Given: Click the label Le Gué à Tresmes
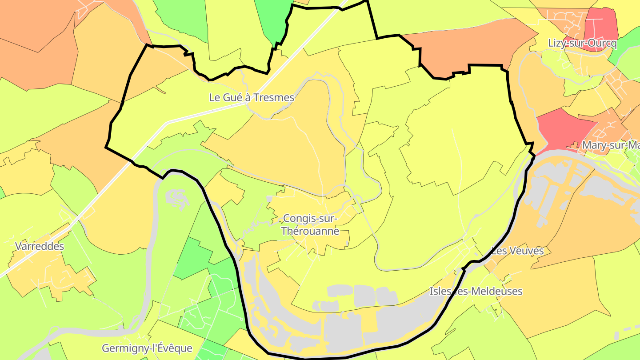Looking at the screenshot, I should [252, 97].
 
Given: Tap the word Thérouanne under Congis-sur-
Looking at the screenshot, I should [310, 231].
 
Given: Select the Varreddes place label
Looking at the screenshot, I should [40, 246].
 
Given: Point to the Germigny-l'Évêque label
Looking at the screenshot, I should [147, 348].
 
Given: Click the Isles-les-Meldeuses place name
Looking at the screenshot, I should [476, 292].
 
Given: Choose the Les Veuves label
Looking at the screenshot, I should [517, 251].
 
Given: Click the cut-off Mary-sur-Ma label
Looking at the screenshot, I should [611, 145].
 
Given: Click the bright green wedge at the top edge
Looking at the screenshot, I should [274, 20].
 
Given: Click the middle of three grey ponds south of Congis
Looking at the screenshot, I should [364, 296].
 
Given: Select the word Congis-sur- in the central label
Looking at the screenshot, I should [310, 219].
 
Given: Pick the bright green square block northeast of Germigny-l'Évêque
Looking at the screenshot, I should [193, 258].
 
